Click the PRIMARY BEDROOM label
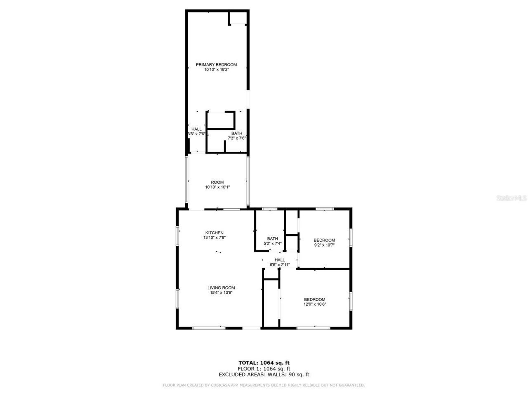point(216,64)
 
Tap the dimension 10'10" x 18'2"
point(216,70)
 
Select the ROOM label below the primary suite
point(217,182)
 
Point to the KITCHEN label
point(214,233)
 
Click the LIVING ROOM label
point(221,288)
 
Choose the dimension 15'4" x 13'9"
point(221,293)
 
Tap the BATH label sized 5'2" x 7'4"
point(272,238)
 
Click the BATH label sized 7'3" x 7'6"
point(237,133)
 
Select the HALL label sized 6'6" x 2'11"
point(280,260)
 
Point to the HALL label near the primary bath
point(196,129)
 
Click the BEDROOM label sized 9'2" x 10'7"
point(324,240)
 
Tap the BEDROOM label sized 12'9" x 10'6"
point(314,299)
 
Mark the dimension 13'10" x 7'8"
point(214,238)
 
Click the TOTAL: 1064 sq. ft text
point(264,363)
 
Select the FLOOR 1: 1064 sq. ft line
point(264,369)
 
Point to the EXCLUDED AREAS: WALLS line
point(264,375)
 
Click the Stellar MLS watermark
point(511,198)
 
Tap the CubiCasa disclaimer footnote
point(264,385)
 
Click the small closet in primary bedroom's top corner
point(238,18)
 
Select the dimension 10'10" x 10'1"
point(217,187)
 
